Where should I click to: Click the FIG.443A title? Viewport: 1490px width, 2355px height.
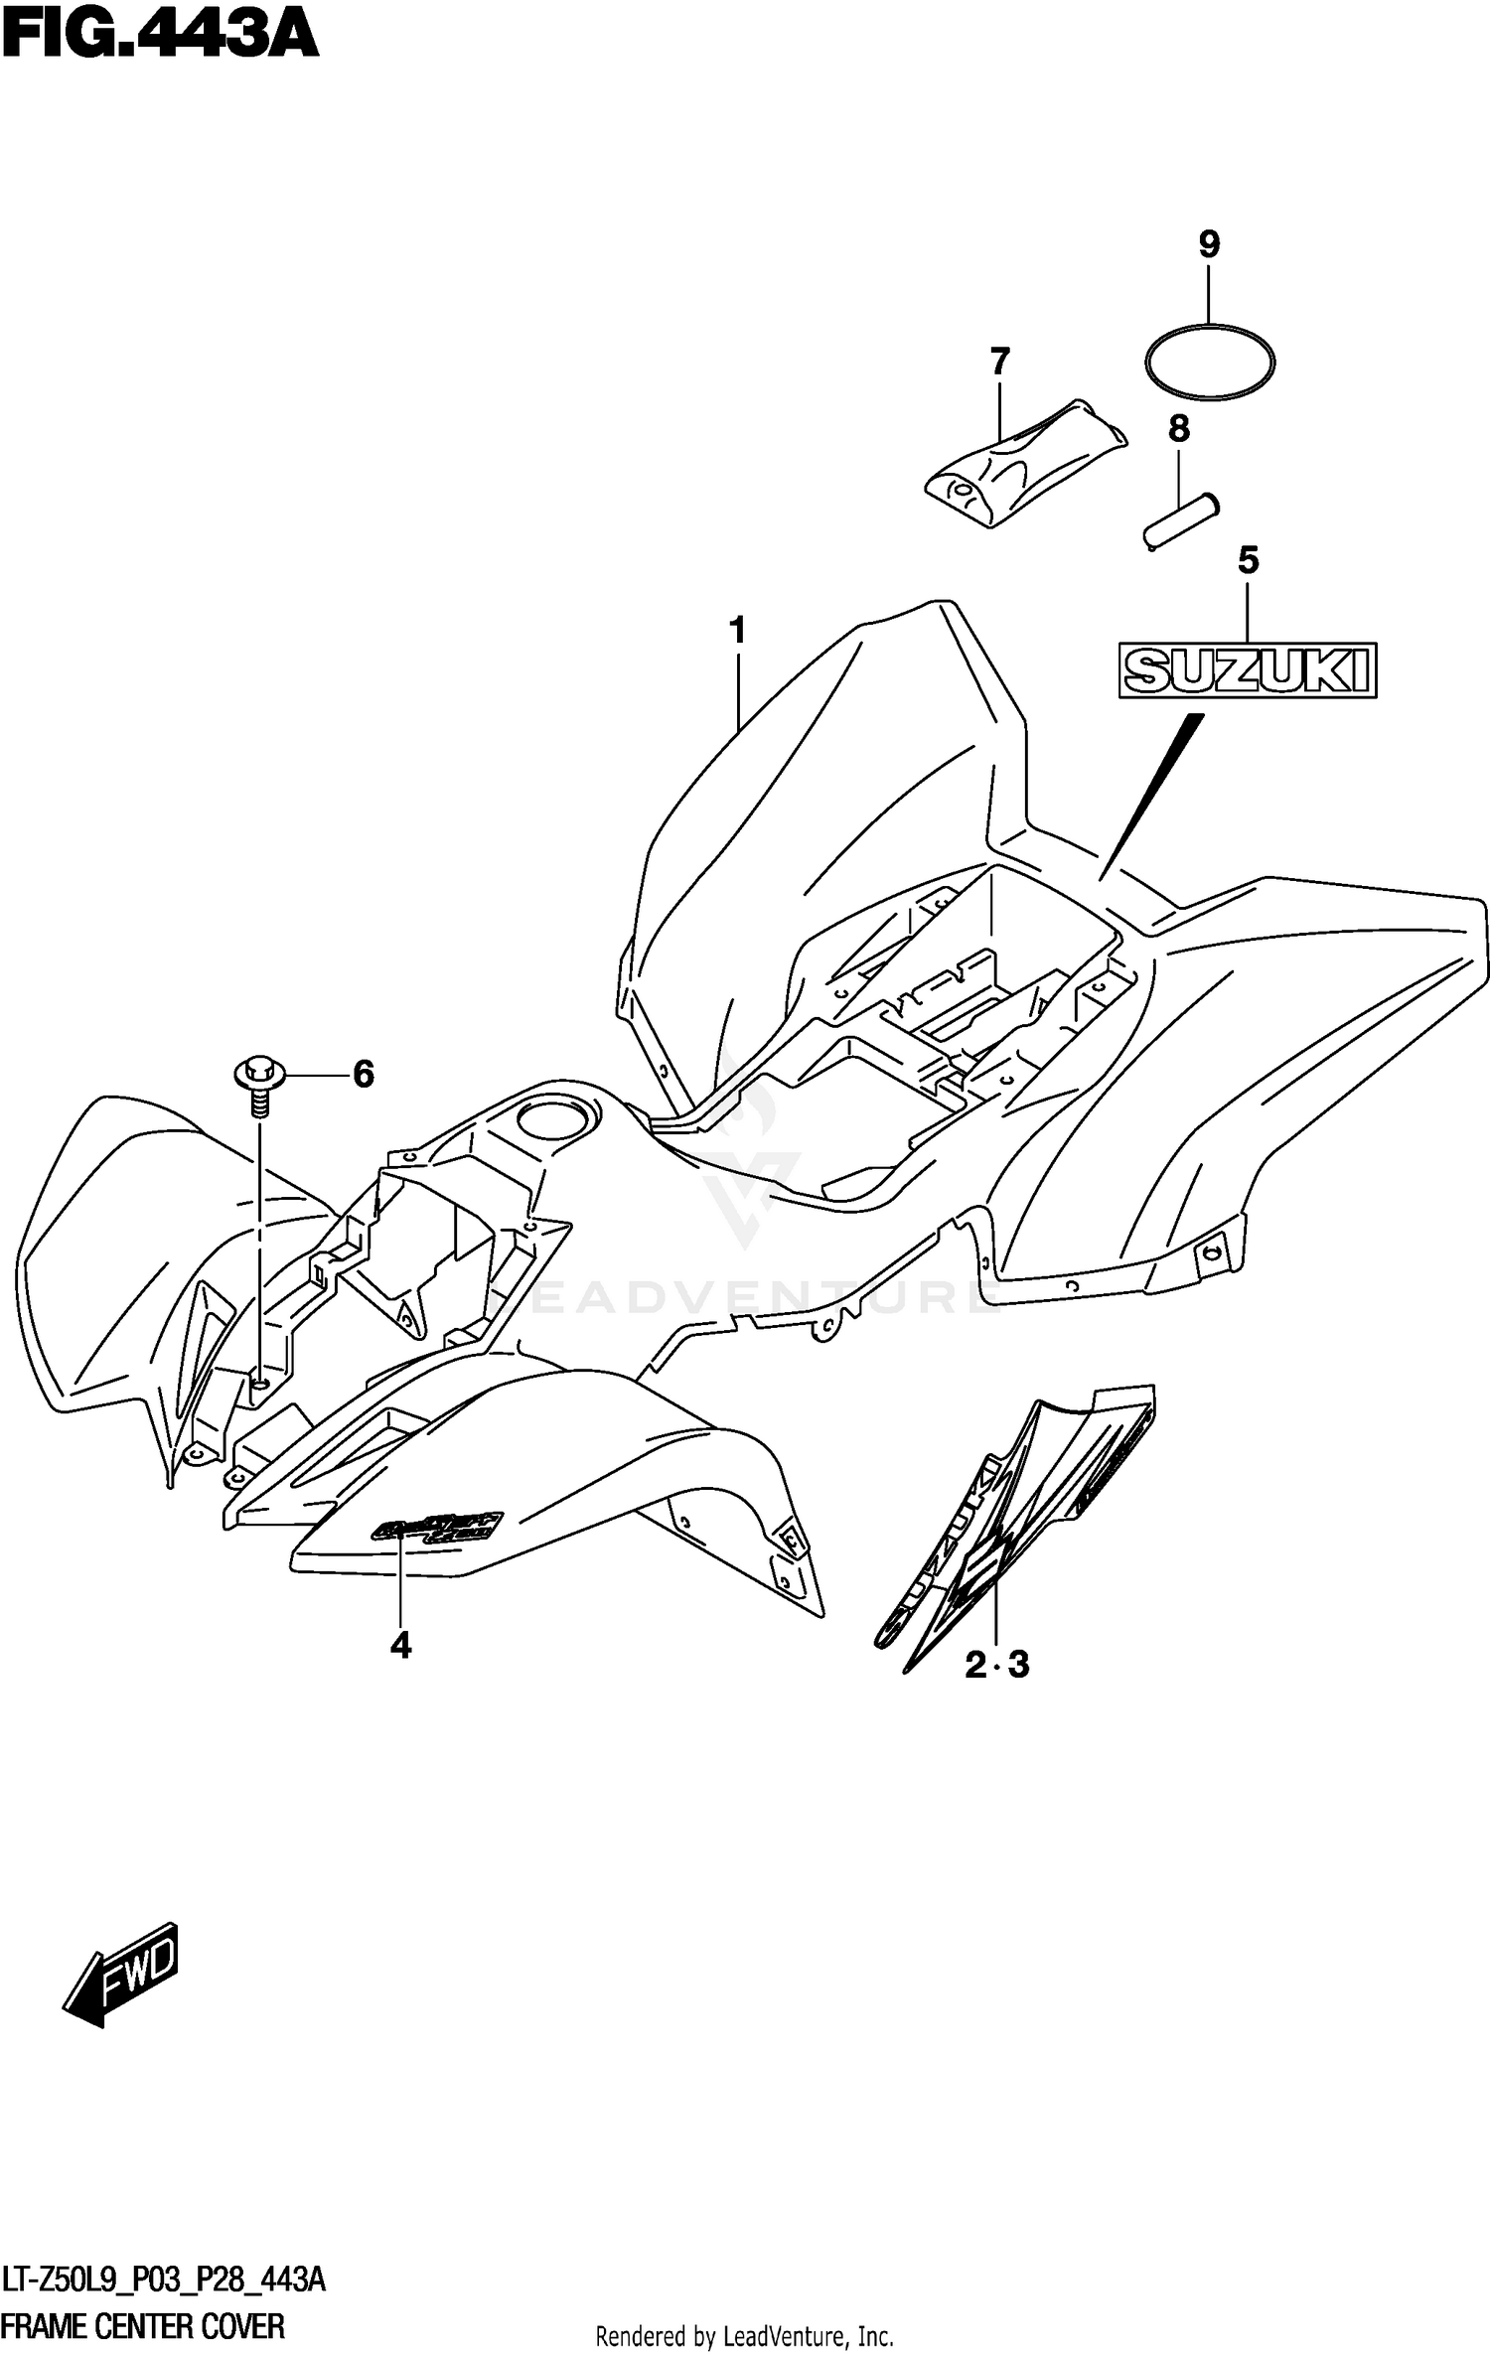tap(159, 37)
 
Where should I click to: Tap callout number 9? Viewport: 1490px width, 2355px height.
tap(1209, 244)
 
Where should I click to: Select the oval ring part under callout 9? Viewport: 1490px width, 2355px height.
tap(1210, 362)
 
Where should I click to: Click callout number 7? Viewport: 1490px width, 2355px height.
tap(999, 361)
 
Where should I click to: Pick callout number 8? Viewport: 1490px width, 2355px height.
tap(1178, 429)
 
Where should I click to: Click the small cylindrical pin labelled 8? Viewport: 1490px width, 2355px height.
tap(1179, 519)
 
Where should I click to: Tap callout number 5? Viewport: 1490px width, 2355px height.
tap(1249, 561)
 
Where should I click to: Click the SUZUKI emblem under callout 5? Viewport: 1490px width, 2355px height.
tap(1248, 670)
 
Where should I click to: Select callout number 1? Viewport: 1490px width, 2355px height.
tap(737, 630)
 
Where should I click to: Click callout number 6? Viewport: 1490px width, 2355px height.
tap(364, 1074)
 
